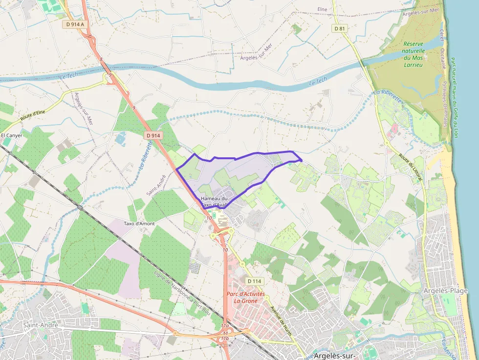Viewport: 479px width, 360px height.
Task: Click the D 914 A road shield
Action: click(75, 23)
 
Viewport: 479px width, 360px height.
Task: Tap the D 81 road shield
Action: click(340, 28)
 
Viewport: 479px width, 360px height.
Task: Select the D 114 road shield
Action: click(255, 281)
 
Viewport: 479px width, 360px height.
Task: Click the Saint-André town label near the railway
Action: click(41, 325)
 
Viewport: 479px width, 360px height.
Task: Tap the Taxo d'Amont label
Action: click(139, 224)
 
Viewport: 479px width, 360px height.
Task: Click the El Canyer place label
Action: click(12, 135)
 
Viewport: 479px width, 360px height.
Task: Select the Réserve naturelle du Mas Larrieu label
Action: click(414, 51)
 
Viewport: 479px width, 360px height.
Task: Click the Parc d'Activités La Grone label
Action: click(246, 297)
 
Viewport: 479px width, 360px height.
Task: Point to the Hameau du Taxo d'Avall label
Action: click(214, 202)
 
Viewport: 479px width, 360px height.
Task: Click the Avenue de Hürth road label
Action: click(282, 319)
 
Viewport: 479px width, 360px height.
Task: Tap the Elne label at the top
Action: click(322, 9)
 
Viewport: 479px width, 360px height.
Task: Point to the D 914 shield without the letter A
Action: click(153, 135)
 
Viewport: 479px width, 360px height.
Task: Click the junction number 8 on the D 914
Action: click(101, 59)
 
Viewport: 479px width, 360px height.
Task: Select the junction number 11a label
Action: click(224, 325)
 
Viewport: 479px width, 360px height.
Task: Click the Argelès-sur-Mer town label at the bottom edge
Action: click(335, 355)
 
